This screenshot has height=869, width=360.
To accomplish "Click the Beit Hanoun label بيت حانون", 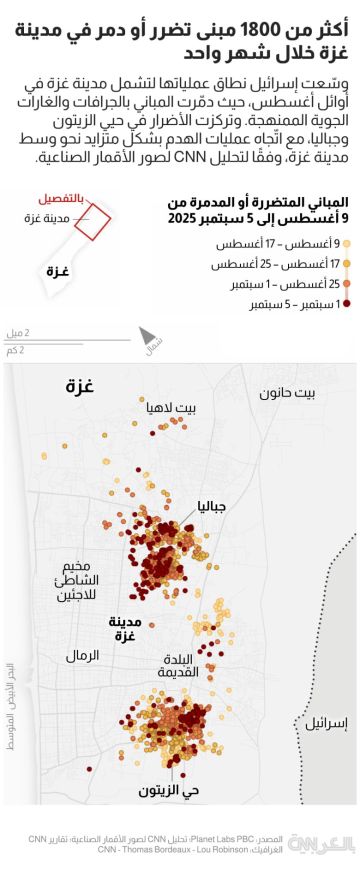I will (287, 393).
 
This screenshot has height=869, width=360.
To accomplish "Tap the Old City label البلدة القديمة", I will (186, 666).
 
